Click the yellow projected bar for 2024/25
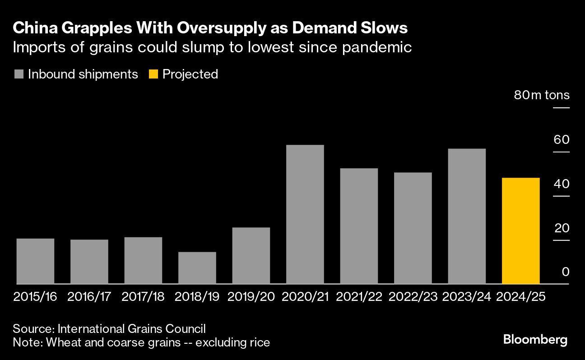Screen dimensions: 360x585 pyautogui.click(x=520, y=231)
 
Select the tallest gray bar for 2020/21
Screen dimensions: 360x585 pyautogui.click(x=305, y=214)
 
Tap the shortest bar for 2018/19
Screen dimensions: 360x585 pyautogui.click(x=197, y=268)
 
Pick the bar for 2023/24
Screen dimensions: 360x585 pyautogui.click(x=467, y=216)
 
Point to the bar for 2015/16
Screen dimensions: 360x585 pyautogui.click(x=35, y=261)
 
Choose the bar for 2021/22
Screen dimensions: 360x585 pyautogui.click(x=359, y=226)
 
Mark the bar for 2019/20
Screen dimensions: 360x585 pyautogui.click(x=251, y=255)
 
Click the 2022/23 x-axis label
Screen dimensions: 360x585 pyautogui.click(x=413, y=296)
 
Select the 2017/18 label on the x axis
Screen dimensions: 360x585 pyautogui.click(x=143, y=296)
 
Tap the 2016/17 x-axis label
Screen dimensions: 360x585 pyautogui.click(x=89, y=296)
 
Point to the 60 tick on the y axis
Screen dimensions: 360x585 pyautogui.click(x=562, y=139)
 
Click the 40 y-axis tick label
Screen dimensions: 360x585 pyautogui.click(x=562, y=184)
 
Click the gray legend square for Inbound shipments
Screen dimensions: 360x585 pyautogui.click(x=19, y=74)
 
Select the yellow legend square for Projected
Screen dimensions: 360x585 pyautogui.click(x=153, y=74)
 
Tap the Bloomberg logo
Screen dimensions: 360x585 pyautogui.click(x=535, y=339)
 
